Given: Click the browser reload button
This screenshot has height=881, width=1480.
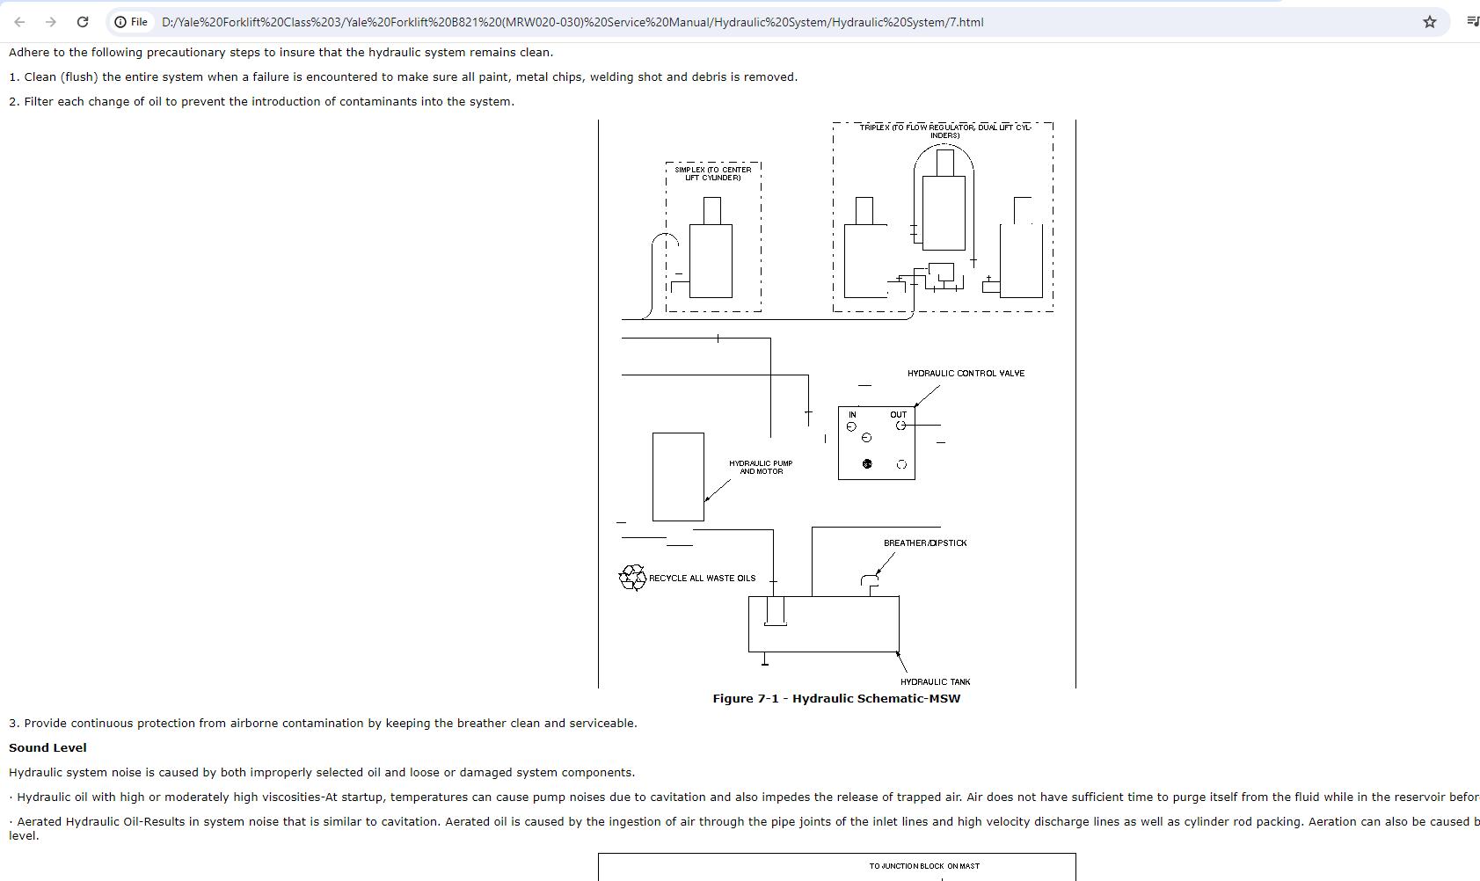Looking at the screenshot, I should pos(82,22).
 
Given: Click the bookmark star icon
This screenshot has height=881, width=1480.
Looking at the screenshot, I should pos(1430,22).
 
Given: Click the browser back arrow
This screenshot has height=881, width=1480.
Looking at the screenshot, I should pos(19,22).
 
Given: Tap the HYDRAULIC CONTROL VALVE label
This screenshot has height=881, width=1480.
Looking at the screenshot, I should pos(966,374).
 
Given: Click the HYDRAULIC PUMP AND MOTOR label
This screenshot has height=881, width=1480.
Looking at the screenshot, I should pos(761,467).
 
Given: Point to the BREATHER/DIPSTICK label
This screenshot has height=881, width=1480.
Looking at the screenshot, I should pos(925,543).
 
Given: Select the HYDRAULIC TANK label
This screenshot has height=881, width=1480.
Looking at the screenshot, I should pos(935,681).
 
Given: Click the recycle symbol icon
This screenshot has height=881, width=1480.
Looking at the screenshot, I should pos(632,578).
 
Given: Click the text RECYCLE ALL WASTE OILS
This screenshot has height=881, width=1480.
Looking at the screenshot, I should pos(702,579).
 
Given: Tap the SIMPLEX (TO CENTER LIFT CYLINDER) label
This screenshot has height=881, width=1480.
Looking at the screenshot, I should pos(713,174).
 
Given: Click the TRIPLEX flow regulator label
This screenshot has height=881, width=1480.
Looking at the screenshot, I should pos(944,131).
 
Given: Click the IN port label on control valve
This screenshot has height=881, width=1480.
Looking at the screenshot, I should pos(852,415).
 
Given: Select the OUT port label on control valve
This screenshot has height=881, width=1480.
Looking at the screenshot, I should pos(898,415).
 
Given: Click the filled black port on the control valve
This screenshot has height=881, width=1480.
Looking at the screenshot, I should pos(867,464).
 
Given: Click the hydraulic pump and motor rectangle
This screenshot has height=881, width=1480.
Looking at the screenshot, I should pos(678,477).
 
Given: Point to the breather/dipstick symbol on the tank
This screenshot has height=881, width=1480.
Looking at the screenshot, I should pos(870,583).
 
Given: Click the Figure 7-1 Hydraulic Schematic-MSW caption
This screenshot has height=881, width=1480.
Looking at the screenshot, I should pos(836,699).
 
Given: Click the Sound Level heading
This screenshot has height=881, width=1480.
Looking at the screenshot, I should pos(47,748).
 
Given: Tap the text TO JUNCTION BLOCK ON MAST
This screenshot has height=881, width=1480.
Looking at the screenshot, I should pos(924,866).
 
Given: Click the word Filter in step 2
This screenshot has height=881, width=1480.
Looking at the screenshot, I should pos(39,102).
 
